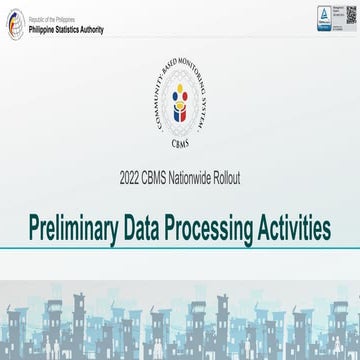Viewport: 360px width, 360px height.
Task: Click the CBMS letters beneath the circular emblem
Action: pos(180,142)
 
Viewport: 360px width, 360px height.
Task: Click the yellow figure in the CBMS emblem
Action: pos(180,97)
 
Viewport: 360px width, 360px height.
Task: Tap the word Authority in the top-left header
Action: pos(101,27)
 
